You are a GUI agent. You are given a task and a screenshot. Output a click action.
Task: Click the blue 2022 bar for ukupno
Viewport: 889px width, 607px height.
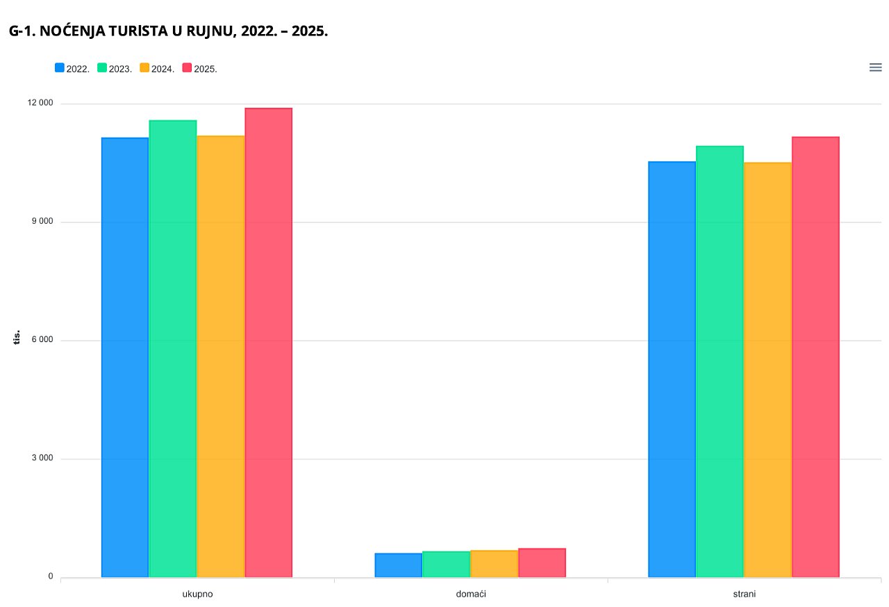tap(125, 357)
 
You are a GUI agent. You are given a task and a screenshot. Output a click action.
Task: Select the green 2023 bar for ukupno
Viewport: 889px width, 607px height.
tap(173, 348)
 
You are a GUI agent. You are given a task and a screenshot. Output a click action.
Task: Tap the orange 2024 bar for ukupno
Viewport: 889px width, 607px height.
tap(221, 356)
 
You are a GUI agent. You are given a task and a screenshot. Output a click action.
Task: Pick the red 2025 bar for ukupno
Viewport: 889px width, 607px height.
tap(269, 342)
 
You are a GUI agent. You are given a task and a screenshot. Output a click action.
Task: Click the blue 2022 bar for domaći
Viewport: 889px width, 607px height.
tap(399, 565)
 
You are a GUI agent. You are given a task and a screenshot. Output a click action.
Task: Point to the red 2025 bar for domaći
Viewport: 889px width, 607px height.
tap(542, 563)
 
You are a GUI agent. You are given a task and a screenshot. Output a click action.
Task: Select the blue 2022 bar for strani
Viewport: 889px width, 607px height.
tap(672, 369)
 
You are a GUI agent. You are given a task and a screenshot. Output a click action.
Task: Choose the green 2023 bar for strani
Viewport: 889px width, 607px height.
tap(720, 362)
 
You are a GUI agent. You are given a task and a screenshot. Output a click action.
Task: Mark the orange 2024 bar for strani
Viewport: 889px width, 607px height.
tap(767, 370)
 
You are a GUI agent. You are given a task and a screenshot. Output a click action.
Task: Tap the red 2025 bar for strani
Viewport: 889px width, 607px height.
tap(815, 357)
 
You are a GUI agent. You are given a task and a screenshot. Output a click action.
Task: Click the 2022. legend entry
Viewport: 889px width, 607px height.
tap(72, 69)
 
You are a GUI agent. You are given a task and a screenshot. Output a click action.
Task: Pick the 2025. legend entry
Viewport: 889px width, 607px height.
tap(200, 69)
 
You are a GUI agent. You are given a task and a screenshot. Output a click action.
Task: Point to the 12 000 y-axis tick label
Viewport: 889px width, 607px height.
tap(40, 104)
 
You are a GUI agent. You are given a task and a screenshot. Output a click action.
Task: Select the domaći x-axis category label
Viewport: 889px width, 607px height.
tap(471, 594)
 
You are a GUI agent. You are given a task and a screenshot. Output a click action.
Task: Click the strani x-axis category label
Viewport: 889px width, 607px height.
tap(744, 594)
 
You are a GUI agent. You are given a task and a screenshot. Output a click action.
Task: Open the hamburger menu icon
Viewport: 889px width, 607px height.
tap(875, 67)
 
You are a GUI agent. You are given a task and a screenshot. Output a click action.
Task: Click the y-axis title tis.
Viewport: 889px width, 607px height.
tap(17, 339)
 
